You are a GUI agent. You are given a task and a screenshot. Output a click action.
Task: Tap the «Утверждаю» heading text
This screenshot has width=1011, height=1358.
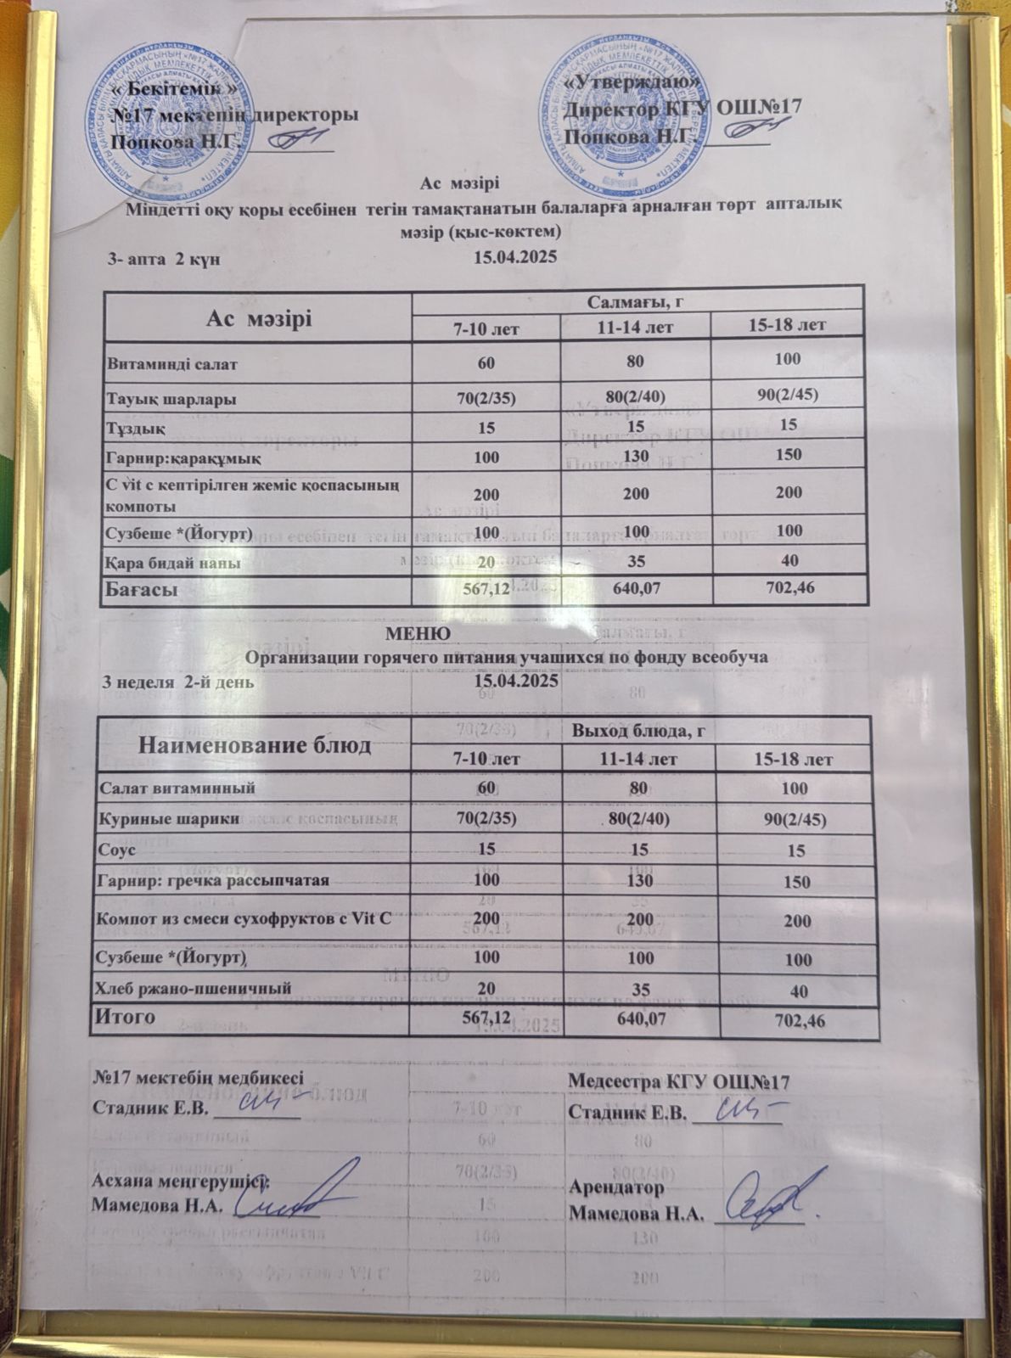pos(633,83)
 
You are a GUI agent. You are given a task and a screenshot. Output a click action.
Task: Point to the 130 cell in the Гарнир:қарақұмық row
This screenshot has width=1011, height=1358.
pos(636,456)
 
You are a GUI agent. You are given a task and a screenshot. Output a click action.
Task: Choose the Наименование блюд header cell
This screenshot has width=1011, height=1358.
pos(256,745)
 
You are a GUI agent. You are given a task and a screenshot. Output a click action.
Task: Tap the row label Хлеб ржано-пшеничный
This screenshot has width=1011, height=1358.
pos(196,988)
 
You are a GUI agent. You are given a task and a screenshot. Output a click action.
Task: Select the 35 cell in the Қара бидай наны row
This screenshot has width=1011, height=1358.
pos(636,561)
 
